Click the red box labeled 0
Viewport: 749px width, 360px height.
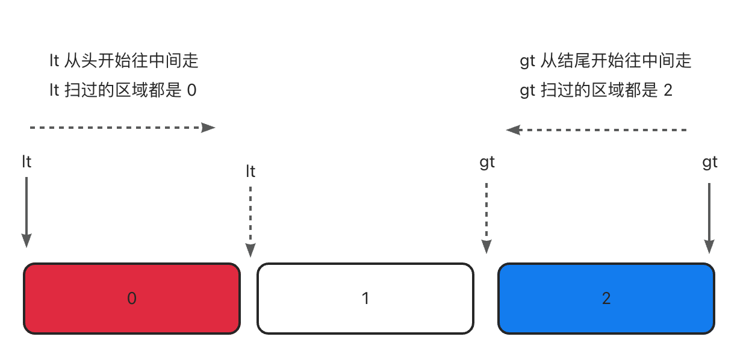pos(132,299)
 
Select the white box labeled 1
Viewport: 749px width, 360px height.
pos(365,299)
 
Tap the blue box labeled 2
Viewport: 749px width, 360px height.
pos(606,299)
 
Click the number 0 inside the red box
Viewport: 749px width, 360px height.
pos(132,298)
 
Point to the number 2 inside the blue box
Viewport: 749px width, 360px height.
pos(606,298)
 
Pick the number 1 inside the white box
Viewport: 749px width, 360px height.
pos(365,298)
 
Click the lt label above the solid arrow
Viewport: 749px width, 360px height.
pos(26,162)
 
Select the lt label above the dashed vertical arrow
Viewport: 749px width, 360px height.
pos(251,172)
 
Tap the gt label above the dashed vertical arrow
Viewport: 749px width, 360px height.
pos(487,163)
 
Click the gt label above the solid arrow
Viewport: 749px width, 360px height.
pos(710,163)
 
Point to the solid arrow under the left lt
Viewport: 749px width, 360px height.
pos(26,213)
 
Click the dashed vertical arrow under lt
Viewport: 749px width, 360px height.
pos(250,222)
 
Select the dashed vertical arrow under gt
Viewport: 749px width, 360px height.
pos(486,219)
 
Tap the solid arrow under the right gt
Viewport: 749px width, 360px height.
pos(709,219)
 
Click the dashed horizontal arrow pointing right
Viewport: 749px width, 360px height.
pos(122,128)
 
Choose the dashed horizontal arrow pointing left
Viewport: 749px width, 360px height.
pos(596,130)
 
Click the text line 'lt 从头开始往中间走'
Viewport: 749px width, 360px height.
pos(124,61)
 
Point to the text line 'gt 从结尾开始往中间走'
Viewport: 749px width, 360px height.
pos(606,61)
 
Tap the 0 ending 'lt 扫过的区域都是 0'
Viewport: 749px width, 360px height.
pos(191,90)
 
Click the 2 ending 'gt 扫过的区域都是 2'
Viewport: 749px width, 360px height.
pos(668,90)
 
